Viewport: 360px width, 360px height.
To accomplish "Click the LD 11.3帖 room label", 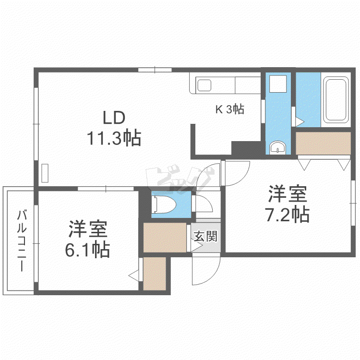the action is pyautogui.click(x=114, y=128).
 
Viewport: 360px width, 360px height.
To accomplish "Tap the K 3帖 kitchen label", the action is pyautogui.click(x=229, y=109).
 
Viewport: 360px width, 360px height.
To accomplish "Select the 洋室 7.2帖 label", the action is pyautogui.click(x=288, y=204).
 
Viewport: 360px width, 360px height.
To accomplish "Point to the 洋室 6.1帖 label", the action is pyautogui.click(x=88, y=239).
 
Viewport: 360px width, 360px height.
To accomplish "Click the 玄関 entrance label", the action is pyautogui.click(x=205, y=236).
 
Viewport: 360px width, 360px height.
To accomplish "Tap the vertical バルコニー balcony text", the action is pyautogui.click(x=22, y=241).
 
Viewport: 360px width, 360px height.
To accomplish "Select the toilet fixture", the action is pyautogui.click(x=164, y=204).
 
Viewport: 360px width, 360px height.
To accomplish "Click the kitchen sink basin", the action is pyautogui.click(x=204, y=85).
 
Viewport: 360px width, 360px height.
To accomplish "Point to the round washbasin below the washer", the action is pyautogui.click(x=278, y=147).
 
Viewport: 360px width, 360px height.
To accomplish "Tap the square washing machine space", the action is pyautogui.click(x=278, y=84).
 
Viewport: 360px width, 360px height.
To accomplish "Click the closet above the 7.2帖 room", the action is pyautogui.click(x=323, y=143).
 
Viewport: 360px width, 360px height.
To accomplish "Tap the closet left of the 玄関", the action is pyautogui.click(x=165, y=238).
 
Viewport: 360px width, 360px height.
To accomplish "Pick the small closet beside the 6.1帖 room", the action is pyautogui.click(x=155, y=274).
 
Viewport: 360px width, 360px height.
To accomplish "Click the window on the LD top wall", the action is pyautogui.click(x=155, y=70).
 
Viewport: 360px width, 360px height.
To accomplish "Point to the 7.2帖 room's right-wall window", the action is pyautogui.click(x=353, y=203).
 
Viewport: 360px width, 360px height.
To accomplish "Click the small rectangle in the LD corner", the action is pyautogui.click(x=45, y=173).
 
